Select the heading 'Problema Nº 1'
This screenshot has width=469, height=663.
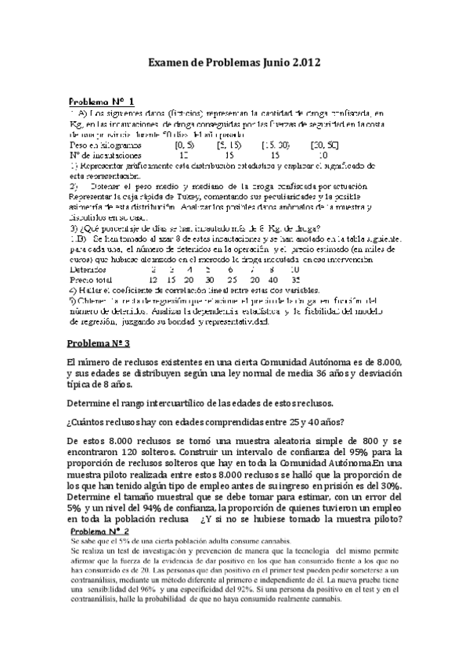102,102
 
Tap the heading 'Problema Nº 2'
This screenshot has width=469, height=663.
101,531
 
